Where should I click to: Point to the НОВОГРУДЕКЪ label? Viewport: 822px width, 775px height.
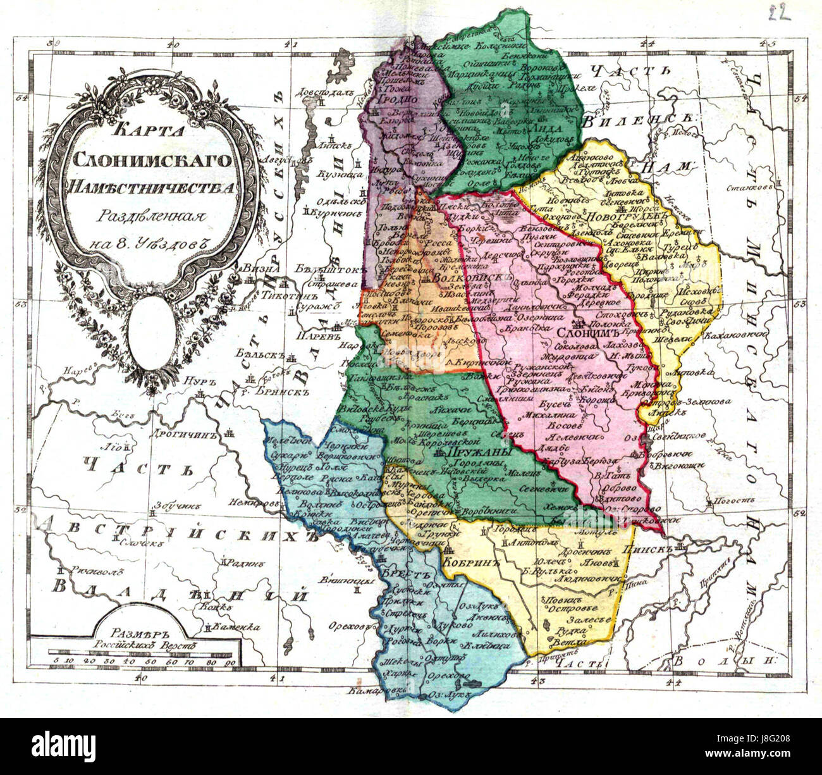[621, 216]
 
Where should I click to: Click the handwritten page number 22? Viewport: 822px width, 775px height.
[780, 14]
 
